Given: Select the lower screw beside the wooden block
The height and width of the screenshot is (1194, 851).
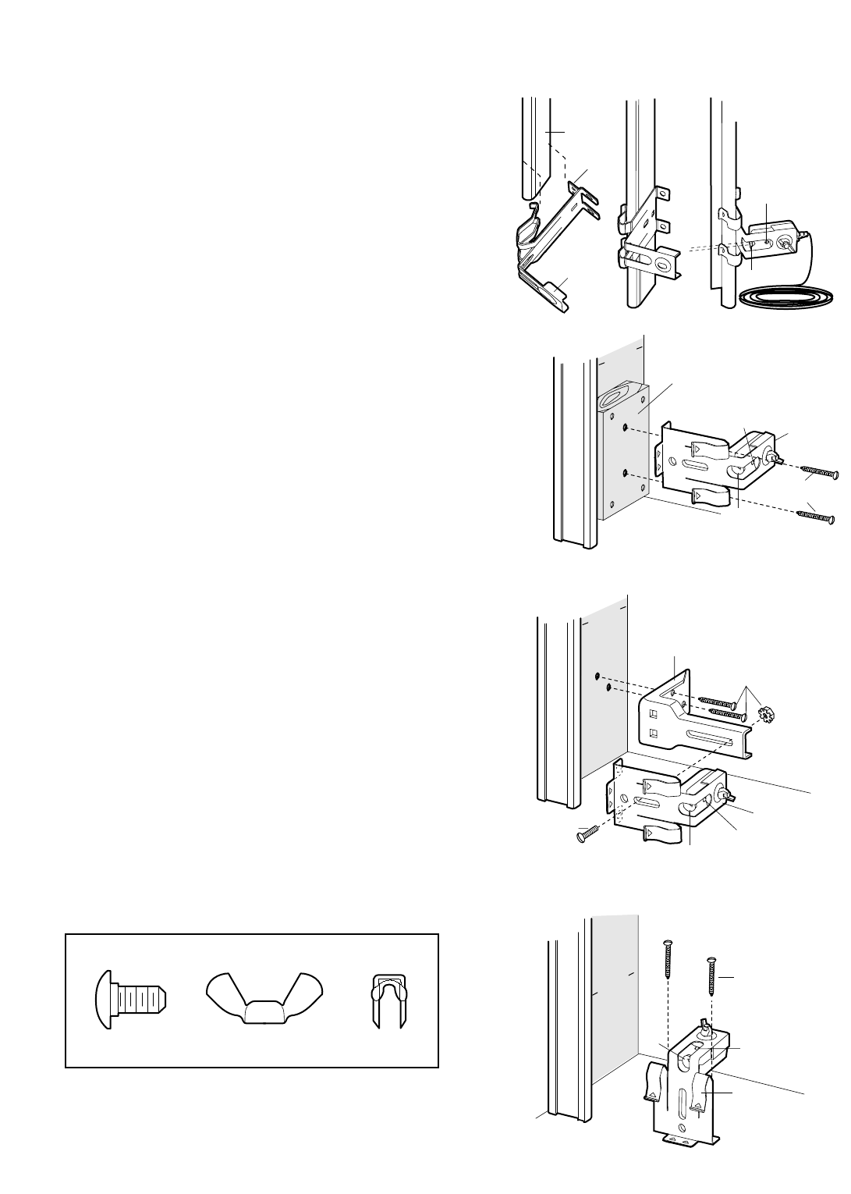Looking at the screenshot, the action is [x=811, y=513].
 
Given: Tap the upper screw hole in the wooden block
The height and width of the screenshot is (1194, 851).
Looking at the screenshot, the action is [x=626, y=426].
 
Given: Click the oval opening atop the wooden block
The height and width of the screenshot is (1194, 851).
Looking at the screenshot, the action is [x=615, y=400].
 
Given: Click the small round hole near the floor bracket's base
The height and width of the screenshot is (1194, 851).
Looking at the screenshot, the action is [x=683, y=1126].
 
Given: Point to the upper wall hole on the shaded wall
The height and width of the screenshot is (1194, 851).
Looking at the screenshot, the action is [x=597, y=675].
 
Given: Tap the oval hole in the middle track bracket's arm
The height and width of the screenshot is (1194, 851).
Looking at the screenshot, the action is [x=663, y=265].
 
